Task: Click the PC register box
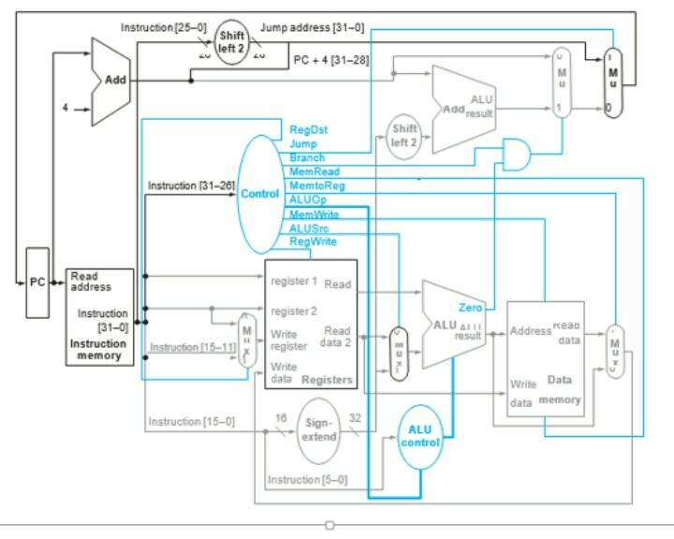pyautogui.click(x=37, y=283)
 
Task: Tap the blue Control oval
pyautogui.click(x=259, y=194)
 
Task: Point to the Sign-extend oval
pyautogui.click(x=320, y=430)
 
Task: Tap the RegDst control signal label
pyautogui.click(x=309, y=129)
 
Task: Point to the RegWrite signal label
pyautogui.click(x=312, y=241)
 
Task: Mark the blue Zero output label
pyautogui.click(x=471, y=307)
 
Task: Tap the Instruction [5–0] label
pyautogui.click(x=307, y=480)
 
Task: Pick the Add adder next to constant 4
pyautogui.click(x=110, y=81)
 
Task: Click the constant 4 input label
pyautogui.click(x=66, y=108)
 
